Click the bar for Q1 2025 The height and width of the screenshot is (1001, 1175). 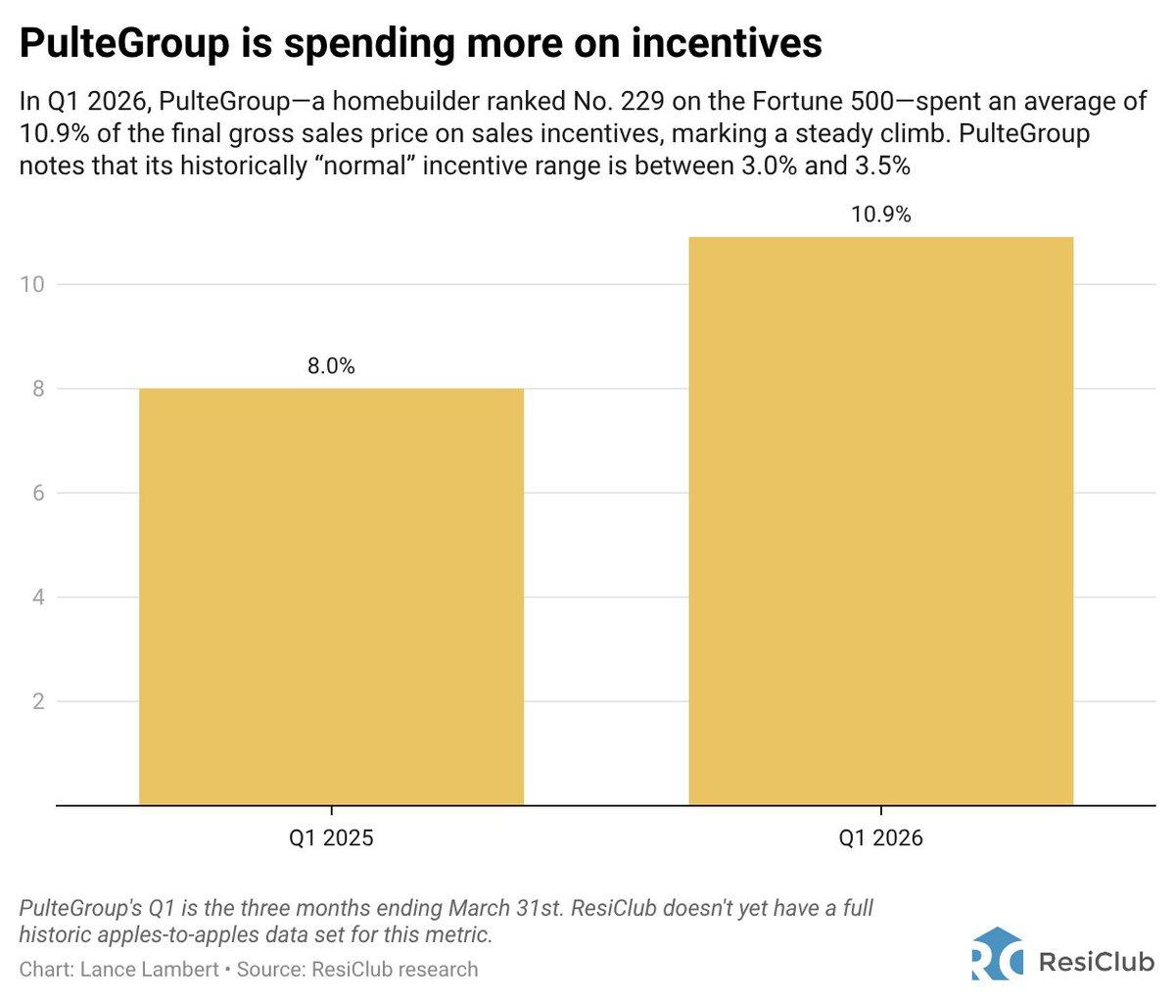point(331,596)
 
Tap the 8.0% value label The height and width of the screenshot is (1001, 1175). point(331,367)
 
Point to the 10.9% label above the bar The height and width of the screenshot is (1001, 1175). point(880,214)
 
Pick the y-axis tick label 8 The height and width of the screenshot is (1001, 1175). point(38,389)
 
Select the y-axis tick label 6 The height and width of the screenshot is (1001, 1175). point(38,493)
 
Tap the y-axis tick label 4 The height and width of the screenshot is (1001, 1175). point(38,597)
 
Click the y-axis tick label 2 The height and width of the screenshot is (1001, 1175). point(38,701)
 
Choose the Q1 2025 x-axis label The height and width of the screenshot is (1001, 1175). point(331,838)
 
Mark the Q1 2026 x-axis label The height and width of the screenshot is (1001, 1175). point(880,838)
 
